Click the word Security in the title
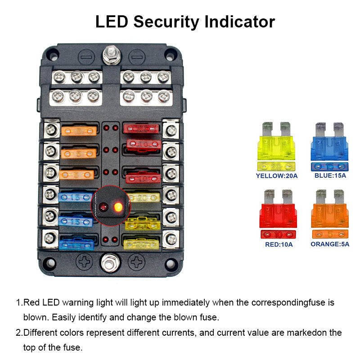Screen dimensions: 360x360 point(166,22)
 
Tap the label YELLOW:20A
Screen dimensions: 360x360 point(277,176)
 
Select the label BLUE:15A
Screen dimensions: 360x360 point(330,175)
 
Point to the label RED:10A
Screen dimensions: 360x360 point(279,244)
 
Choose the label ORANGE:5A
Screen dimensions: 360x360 point(330,244)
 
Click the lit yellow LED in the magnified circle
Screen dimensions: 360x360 point(118,207)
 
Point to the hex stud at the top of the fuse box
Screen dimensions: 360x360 point(112,55)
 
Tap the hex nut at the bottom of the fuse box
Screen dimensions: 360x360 point(110,263)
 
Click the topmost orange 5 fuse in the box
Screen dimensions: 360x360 point(79,131)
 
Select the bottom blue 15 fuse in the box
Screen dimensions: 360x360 point(76,245)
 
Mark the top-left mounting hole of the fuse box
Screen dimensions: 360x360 point(53,55)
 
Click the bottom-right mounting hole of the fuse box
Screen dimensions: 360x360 point(171,263)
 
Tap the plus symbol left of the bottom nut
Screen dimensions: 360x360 point(84,261)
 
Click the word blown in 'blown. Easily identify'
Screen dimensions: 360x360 point(36,317)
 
